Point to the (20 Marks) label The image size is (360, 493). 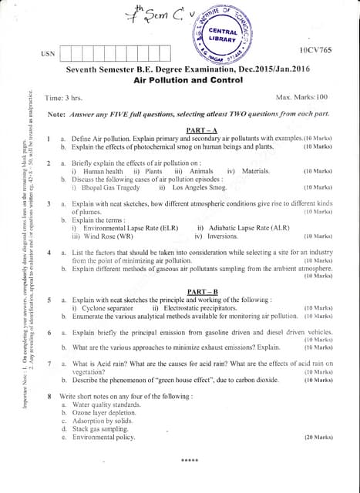tap(318, 436)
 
